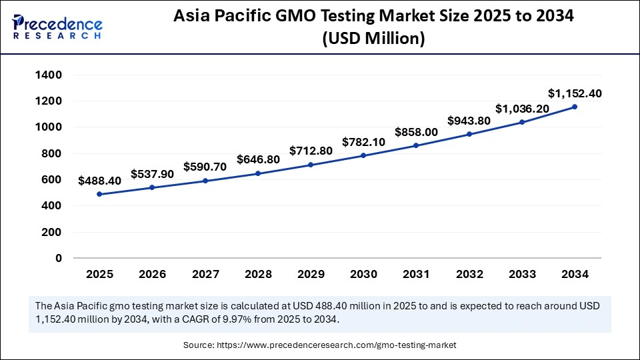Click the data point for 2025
(x=99, y=194)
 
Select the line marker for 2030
(x=363, y=155)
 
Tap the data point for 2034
(x=575, y=107)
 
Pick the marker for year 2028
(x=258, y=173)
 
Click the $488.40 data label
(x=99, y=181)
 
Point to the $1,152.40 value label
(x=575, y=93)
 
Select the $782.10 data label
(x=363, y=141)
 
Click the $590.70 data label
(x=205, y=167)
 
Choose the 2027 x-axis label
(x=205, y=274)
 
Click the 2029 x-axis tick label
(x=311, y=274)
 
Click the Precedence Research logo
(x=57, y=27)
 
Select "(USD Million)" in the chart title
(x=373, y=39)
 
